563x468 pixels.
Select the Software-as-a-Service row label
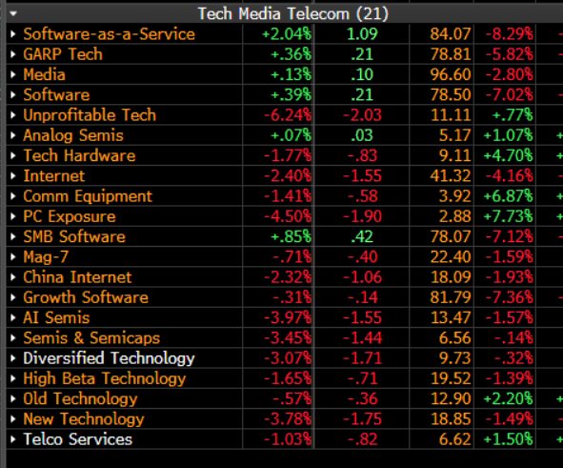[x=109, y=34]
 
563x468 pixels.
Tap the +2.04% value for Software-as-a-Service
[x=286, y=34]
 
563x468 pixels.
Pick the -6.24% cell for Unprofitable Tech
[x=287, y=115]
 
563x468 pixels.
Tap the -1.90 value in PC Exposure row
[x=355, y=216]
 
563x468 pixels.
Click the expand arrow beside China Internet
[x=12, y=277]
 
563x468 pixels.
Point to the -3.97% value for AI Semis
[x=287, y=318]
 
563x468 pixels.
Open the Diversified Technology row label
[x=109, y=358]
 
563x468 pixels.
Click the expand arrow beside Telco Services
[x=12, y=439]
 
